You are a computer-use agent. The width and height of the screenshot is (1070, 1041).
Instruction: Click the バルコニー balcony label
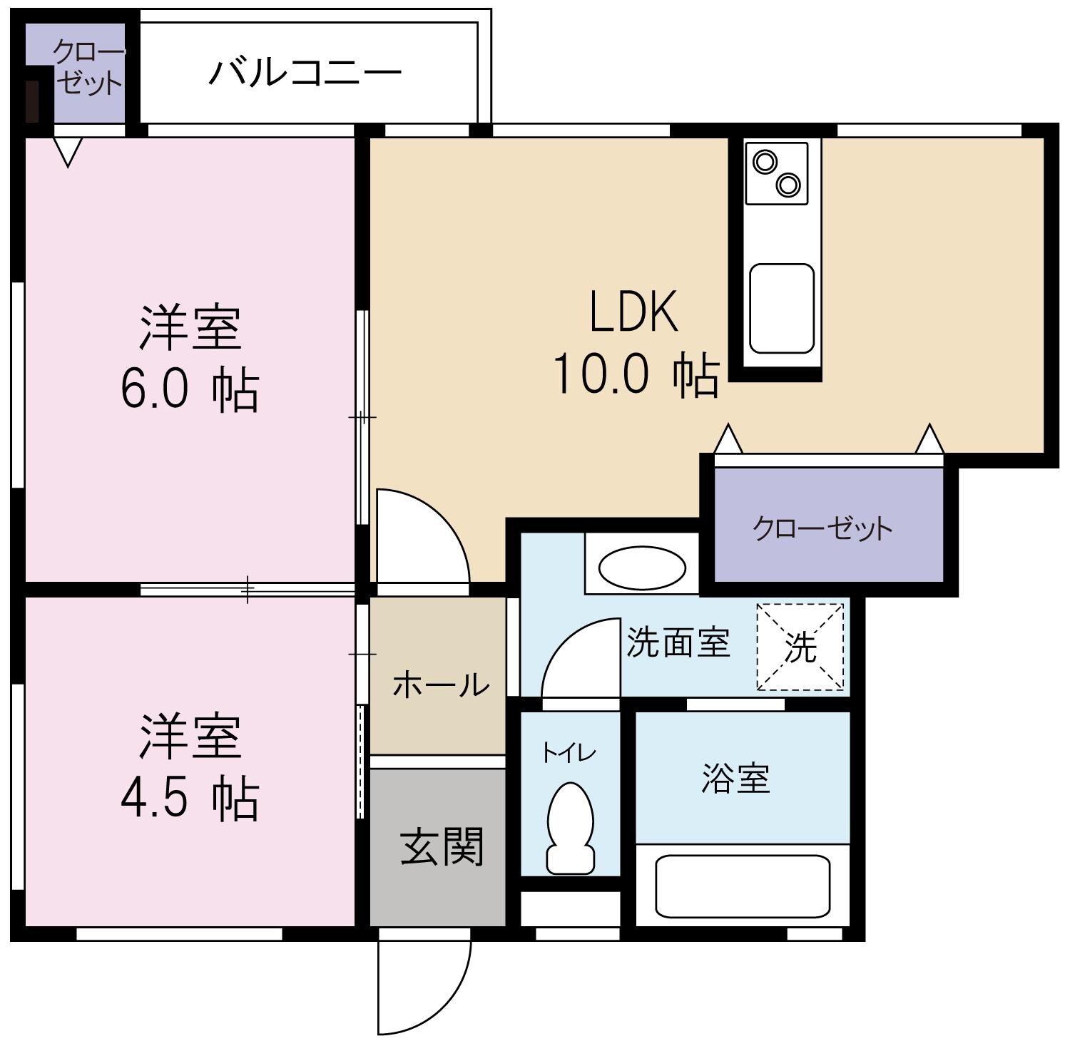[305, 73]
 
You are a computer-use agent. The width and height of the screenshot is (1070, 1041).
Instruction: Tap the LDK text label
[633, 312]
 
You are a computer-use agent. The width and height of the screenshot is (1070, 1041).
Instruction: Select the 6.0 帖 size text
[189, 391]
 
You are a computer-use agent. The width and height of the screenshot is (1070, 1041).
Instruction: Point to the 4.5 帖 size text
[189, 799]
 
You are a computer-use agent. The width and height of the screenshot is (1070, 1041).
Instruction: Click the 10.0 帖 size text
[635, 374]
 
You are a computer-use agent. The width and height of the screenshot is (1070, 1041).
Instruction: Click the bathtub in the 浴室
[742, 886]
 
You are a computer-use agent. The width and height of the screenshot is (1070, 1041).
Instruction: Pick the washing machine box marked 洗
[800, 647]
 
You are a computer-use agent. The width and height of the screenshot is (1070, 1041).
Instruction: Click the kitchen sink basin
[781, 308]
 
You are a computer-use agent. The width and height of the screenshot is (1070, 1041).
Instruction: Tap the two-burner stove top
[776, 173]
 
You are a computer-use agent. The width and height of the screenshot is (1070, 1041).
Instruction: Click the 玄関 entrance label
[442, 847]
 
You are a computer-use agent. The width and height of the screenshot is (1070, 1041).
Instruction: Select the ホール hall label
[440, 684]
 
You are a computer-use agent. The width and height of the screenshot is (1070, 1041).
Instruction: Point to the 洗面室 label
[678, 642]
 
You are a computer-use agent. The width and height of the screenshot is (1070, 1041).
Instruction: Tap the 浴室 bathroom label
[735, 778]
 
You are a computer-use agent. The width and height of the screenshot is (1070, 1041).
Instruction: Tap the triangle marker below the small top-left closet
[68, 152]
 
